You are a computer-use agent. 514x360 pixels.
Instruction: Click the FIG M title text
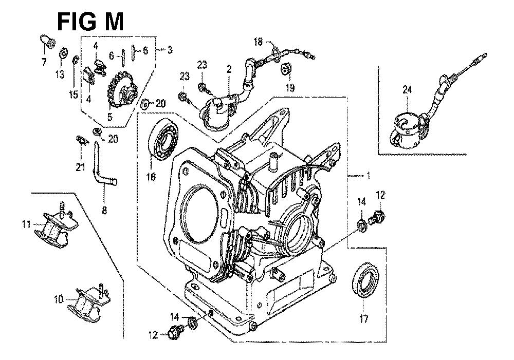[x=90, y=22]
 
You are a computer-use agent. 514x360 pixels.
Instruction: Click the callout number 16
[x=151, y=177]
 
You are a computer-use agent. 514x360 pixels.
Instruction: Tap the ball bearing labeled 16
[x=163, y=140]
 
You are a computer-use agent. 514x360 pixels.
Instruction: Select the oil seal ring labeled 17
[x=365, y=280]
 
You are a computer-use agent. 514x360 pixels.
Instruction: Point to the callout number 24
[x=407, y=89]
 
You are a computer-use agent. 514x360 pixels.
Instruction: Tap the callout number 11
[x=27, y=224]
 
